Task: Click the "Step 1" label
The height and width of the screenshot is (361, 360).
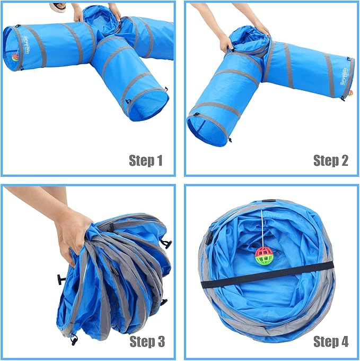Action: (x=146, y=160)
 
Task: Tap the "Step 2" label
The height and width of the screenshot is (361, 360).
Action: (x=330, y=160)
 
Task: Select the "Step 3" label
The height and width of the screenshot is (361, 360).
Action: (x=146, y=341)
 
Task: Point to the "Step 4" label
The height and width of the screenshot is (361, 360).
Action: (x=330, y=341)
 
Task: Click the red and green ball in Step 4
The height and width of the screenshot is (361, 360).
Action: (x=264, y=256)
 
